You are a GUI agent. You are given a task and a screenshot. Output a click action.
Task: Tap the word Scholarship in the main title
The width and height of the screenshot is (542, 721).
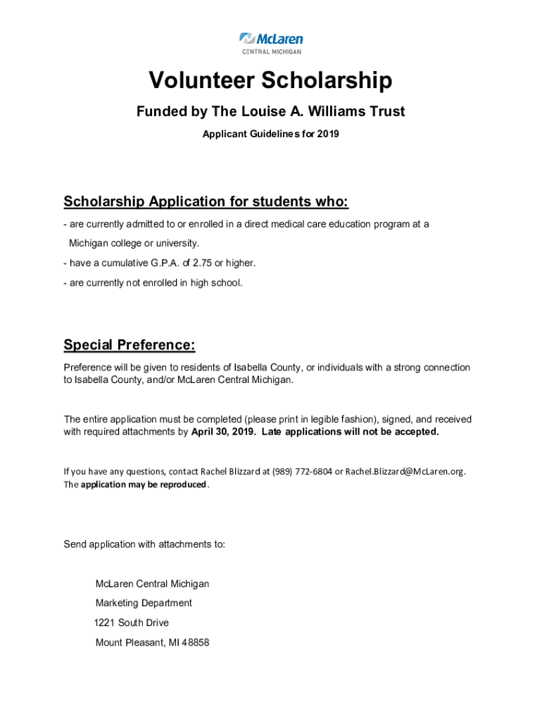[327, 82]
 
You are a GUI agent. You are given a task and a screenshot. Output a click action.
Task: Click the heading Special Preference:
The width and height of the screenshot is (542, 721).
[130, 345]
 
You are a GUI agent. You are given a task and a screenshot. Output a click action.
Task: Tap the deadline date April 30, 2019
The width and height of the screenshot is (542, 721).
[223, 432]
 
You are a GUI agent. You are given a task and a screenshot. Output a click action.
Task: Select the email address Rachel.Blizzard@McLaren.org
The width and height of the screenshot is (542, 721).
[405, 471]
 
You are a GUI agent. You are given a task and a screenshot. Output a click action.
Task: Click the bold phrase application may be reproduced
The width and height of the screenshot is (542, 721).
[144, 484]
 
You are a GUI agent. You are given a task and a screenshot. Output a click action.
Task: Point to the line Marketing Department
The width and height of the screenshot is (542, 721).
[144, 603]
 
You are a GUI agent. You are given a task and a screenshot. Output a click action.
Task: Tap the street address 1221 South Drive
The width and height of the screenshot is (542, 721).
[132, 622]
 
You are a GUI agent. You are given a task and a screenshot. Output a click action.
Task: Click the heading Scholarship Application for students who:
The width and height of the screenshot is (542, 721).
[206, 202]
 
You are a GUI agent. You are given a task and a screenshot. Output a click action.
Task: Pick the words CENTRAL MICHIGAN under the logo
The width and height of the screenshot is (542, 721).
[271, 51]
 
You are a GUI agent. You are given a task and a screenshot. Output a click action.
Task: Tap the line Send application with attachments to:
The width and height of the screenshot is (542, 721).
[144, 544]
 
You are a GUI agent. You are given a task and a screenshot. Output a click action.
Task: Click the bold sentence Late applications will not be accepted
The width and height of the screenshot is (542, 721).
[350, 432]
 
